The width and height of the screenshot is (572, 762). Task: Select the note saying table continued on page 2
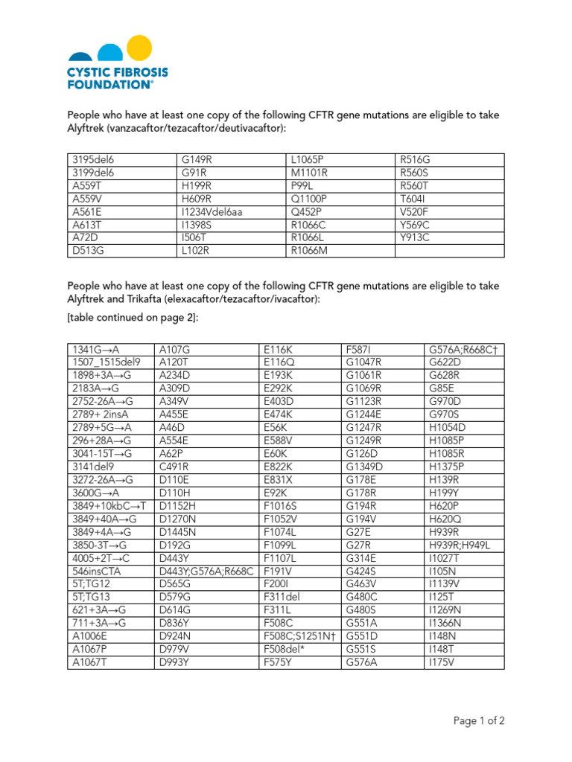(x=132, y=318)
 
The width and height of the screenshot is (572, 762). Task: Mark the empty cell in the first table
(x=448, y=252)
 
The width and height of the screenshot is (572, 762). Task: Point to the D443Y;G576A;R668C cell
(x=206, y=571)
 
